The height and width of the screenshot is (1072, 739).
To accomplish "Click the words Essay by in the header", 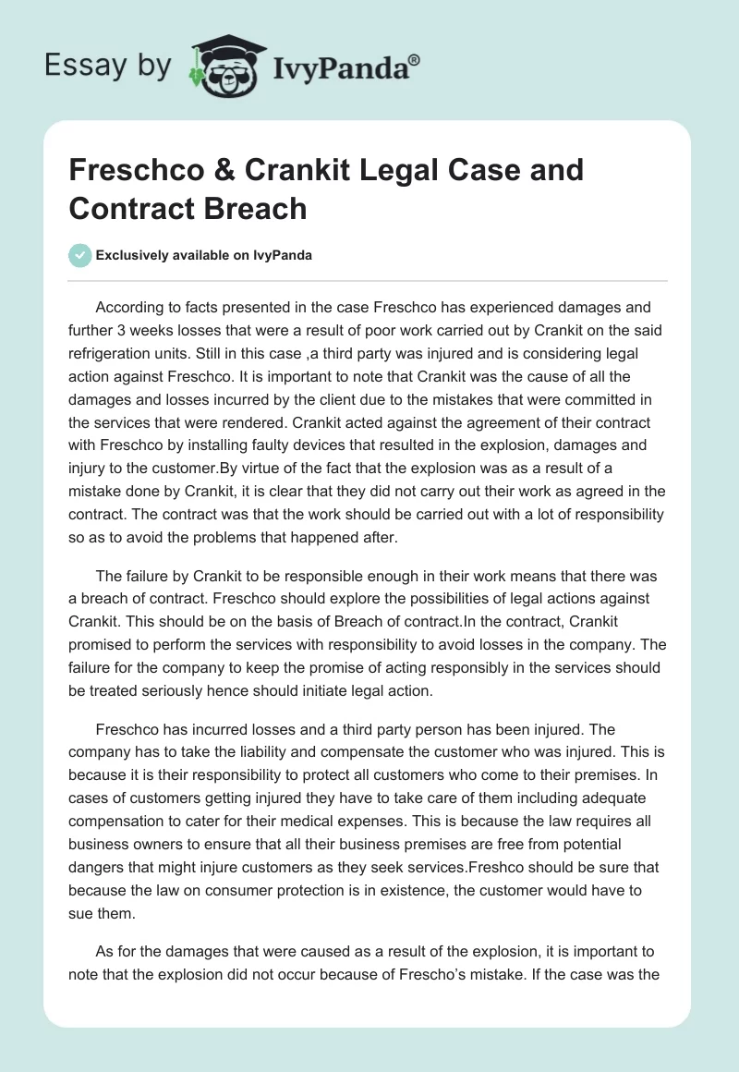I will pyautogui.click(x=106, y=66).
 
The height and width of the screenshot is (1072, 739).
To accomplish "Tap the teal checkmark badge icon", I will pyautogui.click(x=80, y=255).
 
